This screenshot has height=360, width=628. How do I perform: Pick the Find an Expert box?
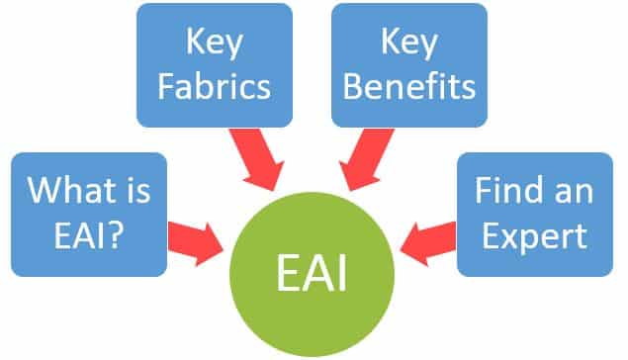click(x=535, y=212)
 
